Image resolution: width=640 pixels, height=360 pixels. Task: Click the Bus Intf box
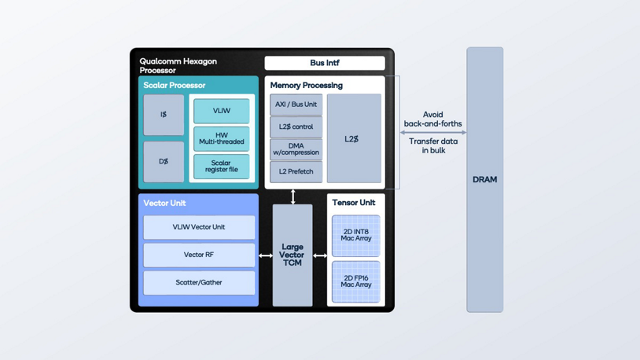325,63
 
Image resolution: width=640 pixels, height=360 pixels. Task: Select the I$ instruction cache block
164,115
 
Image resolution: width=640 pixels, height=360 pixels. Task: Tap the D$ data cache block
164,162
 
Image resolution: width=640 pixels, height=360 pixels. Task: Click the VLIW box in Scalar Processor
221,111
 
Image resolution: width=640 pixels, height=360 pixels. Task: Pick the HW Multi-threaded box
221,138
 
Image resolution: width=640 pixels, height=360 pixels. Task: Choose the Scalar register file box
221,167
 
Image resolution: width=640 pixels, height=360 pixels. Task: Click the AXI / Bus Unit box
296,105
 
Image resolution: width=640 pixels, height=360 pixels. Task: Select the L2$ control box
296,127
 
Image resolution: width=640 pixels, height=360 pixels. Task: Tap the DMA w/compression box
296,149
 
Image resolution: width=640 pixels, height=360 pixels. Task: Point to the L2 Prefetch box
296,171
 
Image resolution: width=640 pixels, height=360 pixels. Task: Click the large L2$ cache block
353,139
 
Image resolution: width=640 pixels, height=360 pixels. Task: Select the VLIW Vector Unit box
199,227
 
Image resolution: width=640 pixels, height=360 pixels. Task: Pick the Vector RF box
199,255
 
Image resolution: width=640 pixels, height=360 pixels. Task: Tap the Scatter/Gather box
199,282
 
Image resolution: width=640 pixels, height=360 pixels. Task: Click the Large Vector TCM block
292,255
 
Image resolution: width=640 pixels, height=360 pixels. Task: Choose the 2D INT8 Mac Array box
355,236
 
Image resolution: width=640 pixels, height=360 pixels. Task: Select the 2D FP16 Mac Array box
355,281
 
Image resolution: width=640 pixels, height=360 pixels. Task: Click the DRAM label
484,180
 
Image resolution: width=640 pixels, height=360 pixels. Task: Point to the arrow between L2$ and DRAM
432,133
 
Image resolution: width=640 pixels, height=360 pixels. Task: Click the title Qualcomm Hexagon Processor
178,66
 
